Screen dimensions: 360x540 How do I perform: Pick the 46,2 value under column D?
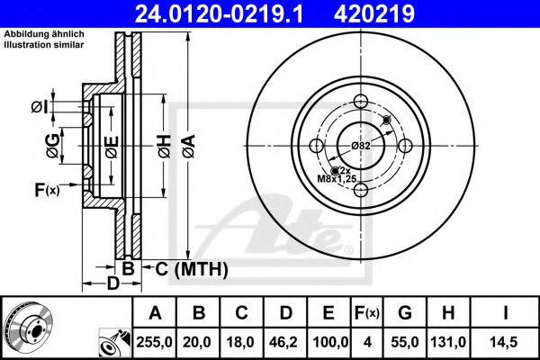point(285,343)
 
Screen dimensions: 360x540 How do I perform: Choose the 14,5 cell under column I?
point(507,343)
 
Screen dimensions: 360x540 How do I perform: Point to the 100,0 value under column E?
point(328,343)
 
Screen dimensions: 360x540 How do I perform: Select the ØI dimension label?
point(39,107)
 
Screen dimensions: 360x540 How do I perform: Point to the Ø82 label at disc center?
point(361,146)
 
